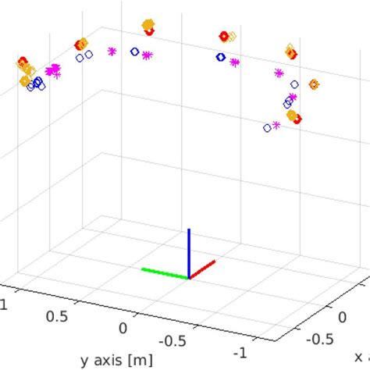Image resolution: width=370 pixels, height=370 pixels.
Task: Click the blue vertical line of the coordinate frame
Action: point(188,253)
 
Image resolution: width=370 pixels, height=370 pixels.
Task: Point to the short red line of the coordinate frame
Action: point(202,269)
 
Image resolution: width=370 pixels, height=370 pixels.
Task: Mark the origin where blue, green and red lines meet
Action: point(188,277)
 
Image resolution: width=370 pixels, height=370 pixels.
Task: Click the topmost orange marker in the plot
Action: point(148,25)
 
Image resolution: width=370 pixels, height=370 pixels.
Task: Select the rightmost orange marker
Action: point(314,84)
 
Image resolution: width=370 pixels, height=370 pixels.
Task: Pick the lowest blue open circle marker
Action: point(268,127)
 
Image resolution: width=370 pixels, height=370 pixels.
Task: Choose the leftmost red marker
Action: point(23,61)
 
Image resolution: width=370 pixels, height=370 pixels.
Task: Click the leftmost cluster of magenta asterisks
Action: point(53,71)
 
